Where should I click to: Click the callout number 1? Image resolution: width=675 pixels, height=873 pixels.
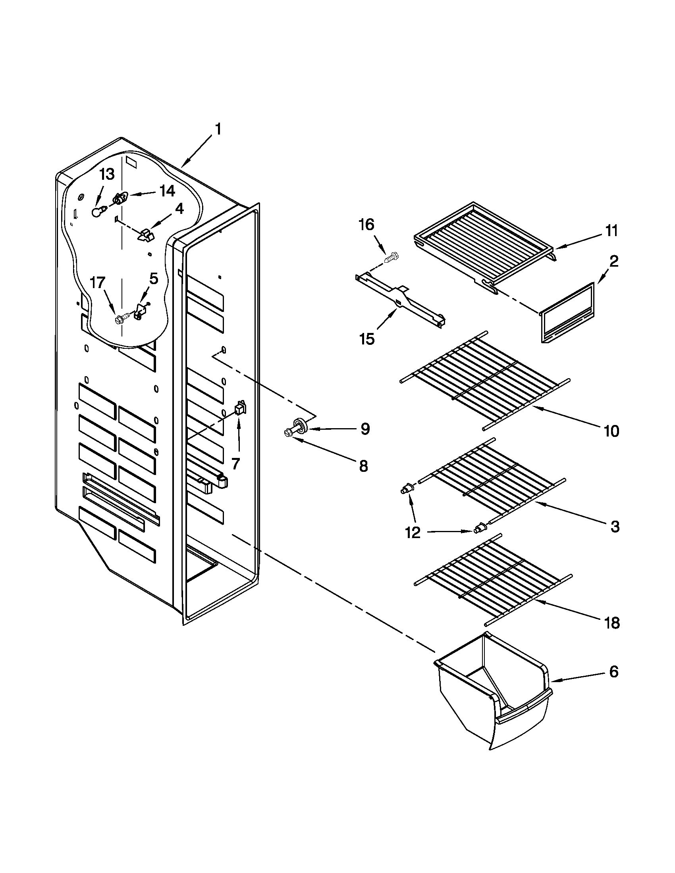[218, 130]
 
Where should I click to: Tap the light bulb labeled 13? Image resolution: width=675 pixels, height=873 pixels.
[96, 212]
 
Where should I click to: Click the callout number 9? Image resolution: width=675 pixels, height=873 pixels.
[364, 429]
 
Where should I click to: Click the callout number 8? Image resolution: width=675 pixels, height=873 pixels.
[363, 466]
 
